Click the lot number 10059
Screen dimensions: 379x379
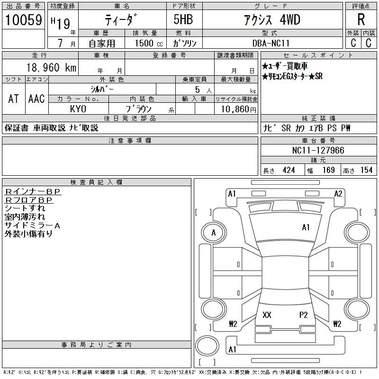tap(23, 20)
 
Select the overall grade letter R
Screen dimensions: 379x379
tap(361, 19)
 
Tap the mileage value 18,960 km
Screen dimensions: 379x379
tap(51, 68)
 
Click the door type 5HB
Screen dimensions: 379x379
tap(183, 19)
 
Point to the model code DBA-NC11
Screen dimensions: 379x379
tap(271, 43)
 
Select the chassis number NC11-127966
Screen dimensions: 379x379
tap(318, 150)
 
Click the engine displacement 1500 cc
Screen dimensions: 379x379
tap(149, 43)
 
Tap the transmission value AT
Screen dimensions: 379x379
tap(14, 99)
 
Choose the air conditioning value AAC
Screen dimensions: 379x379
tap(36, 99)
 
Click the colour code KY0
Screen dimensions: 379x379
tap(78, 109)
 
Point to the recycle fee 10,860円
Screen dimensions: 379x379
tap(238, 109)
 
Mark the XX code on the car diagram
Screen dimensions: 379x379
tap(267, 315)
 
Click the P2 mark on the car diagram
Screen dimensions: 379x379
tap(303, 315)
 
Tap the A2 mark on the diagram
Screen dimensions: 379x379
tap(338, 194)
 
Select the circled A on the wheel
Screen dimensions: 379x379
tap(214, 233)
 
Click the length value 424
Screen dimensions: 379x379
tap(289, 170)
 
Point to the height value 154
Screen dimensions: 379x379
tap(366, 170)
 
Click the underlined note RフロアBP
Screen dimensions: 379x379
tap(28, 200)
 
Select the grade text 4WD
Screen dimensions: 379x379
tap(290, 19)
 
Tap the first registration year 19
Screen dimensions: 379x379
tap(63, 24)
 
